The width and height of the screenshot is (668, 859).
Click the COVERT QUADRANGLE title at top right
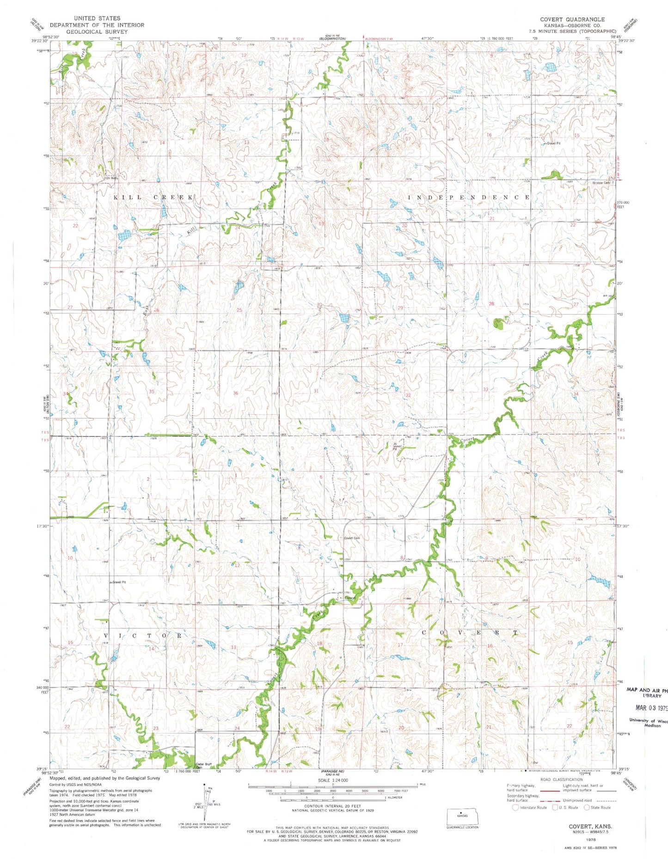click(572, 19)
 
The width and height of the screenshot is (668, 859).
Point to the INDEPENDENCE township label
click(468, 197)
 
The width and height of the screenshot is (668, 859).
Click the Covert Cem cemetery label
click(352, 538)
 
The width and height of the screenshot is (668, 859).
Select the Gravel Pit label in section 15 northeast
click(553, 144)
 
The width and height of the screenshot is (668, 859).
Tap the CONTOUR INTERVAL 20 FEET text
click(332, 806)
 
